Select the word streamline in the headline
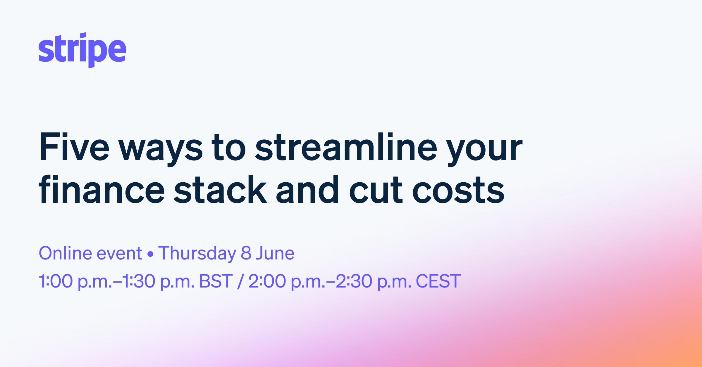(346, 147)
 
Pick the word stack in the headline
(220, 190)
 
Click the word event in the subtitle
(119, 254)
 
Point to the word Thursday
(197, 254)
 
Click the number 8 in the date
(246, 253)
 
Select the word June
(275, 253)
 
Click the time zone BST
(216, 281)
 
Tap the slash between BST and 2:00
(240, 281)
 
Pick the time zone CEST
(438, 281)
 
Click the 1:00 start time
(56, 281)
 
